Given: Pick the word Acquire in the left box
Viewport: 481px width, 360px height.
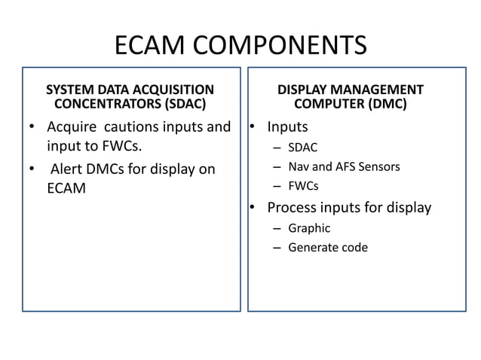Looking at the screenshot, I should pyautogui.click(x=72, y=127).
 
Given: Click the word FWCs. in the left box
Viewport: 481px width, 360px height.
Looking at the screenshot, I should pyautogui.click(x=120, y=145).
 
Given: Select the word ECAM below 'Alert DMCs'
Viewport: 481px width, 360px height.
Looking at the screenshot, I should pyautogui.click(x=66, y=188).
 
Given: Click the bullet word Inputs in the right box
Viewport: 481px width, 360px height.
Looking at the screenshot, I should pyautogui.click(x=287, y=127).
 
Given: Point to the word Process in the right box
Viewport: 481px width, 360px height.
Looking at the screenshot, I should pyautogui.click(x=293, y=207).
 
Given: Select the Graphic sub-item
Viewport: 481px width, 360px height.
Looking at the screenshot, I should pyautogui.click(x=309, y=227).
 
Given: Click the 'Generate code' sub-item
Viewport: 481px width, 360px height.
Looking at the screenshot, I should pyautogui.click(x=328, y=247).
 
